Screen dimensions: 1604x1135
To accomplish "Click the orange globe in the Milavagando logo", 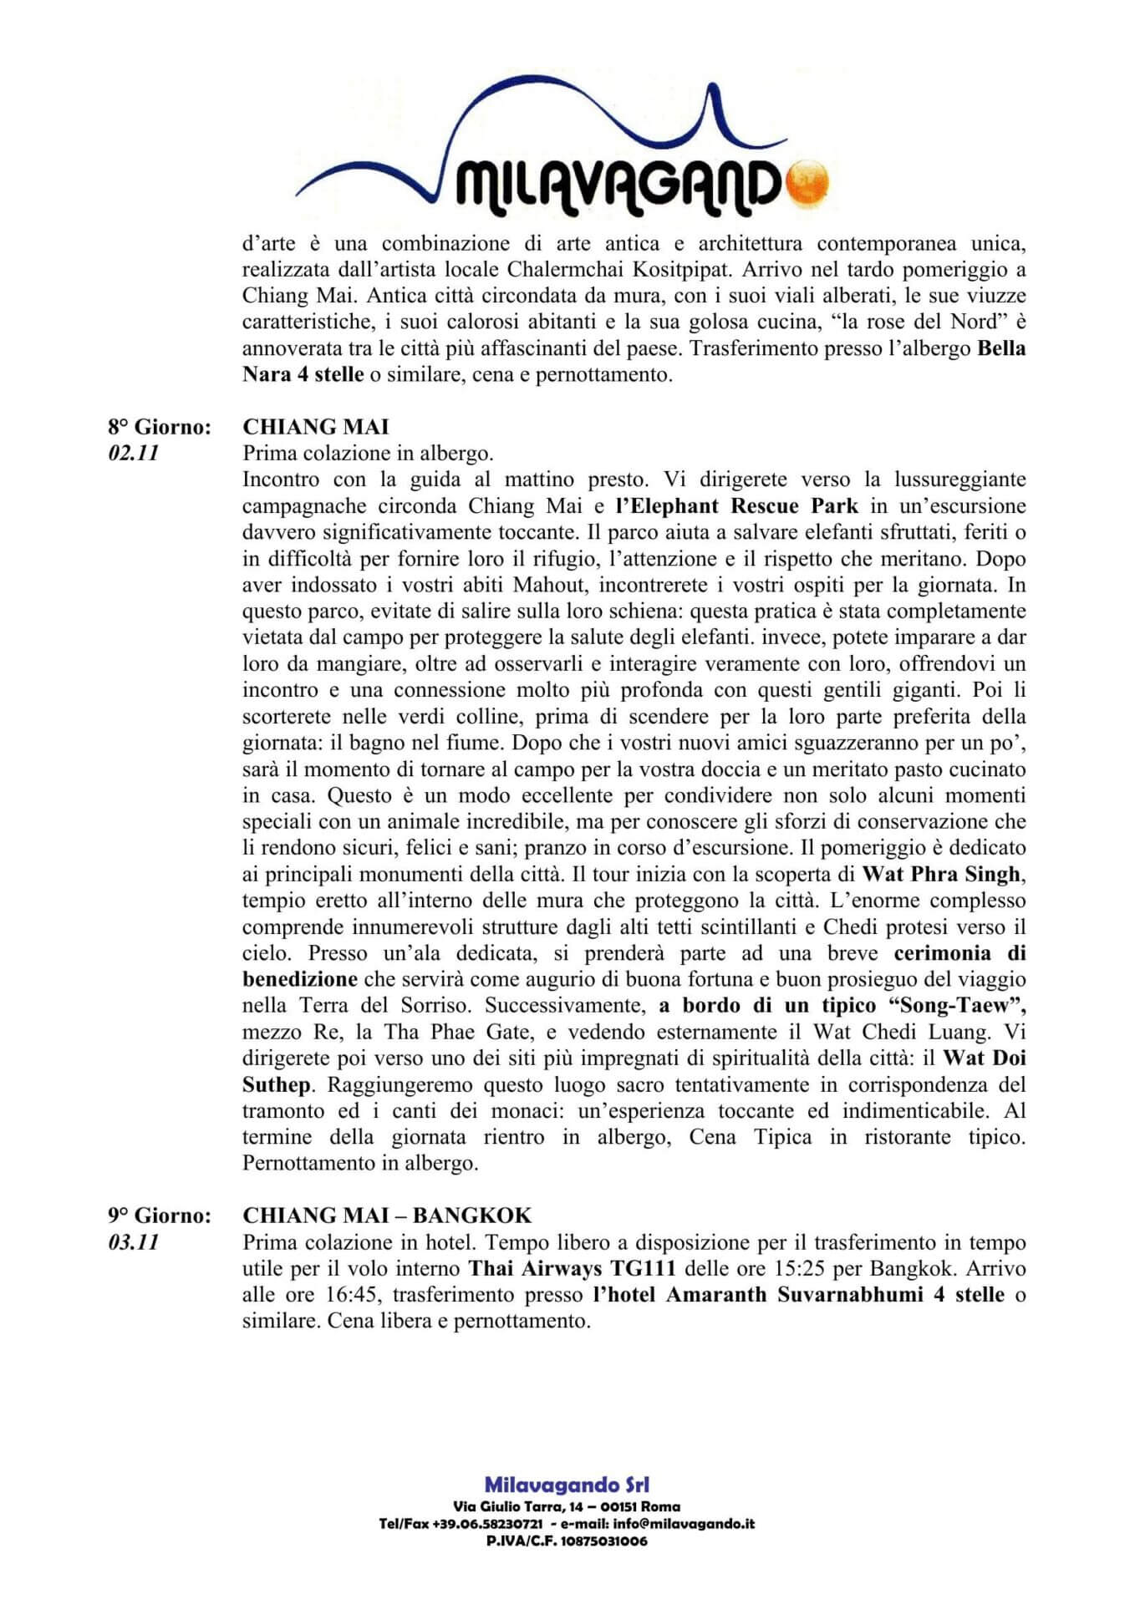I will tap(808, 181).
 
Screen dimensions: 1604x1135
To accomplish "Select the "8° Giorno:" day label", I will tap(158, 428).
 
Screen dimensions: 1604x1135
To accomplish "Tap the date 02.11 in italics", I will tap(133, 454).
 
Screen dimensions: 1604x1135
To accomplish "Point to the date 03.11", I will tap(133, 1242).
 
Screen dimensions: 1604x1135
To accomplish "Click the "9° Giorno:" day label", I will tap(158, 1216).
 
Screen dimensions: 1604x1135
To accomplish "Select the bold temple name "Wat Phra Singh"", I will tap(942, 875).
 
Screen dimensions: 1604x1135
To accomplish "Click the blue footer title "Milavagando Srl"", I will tap(567, 1485).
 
